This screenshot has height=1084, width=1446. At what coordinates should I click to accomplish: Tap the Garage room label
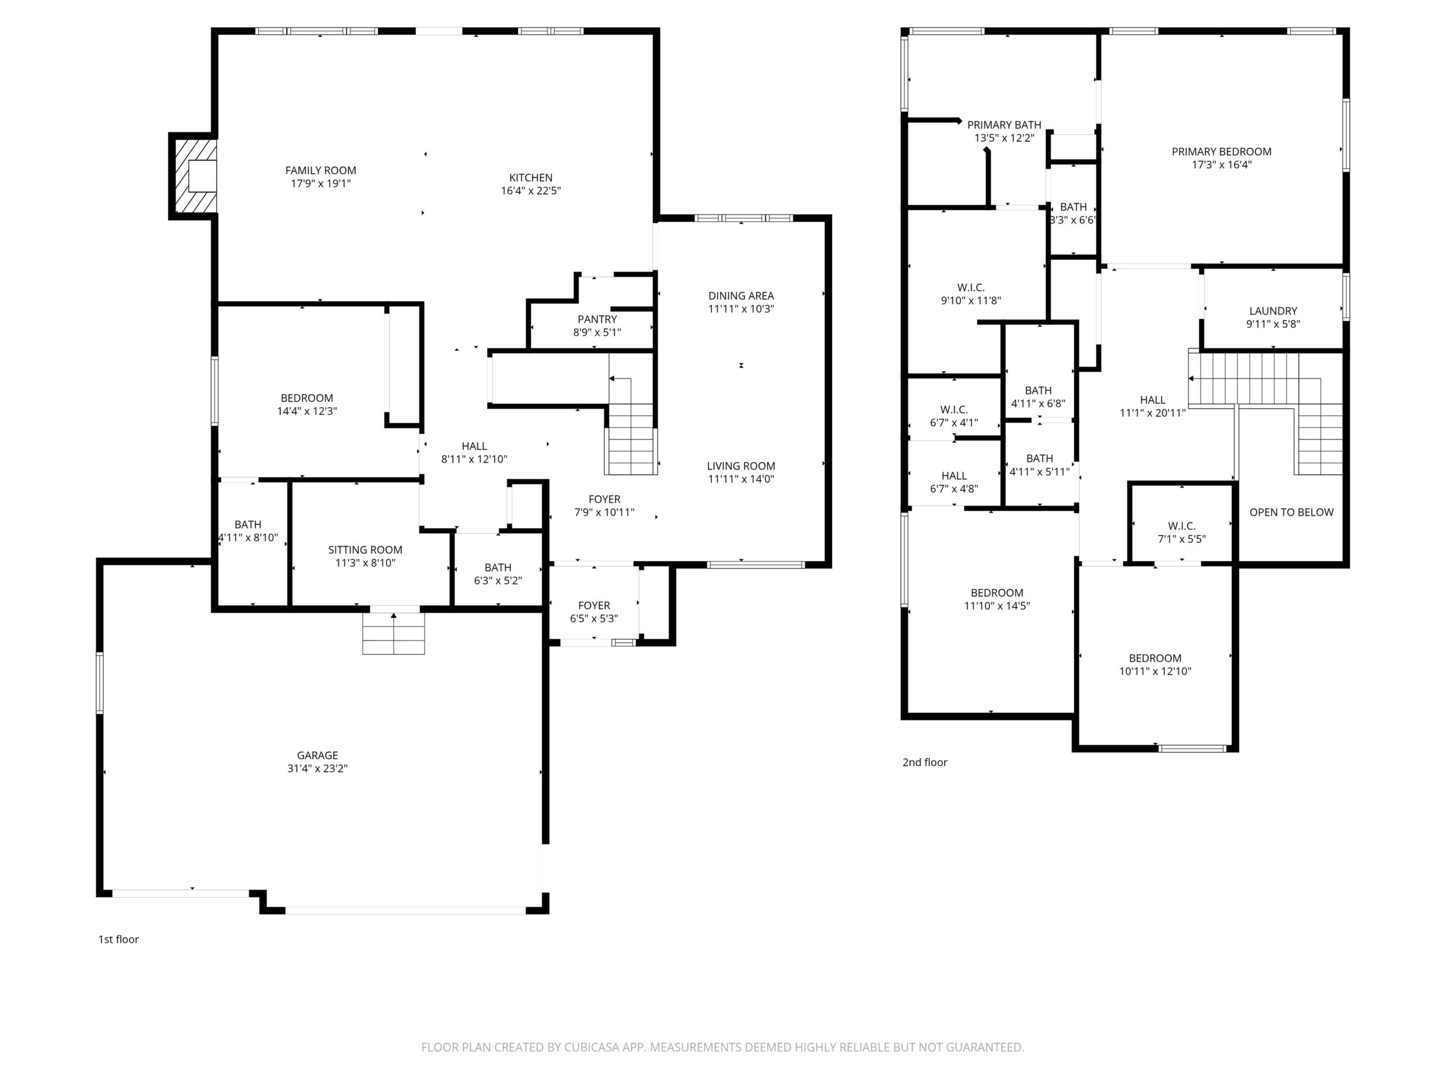click(317, 755)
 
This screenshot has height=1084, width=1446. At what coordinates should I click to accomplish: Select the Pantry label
click(597, 319)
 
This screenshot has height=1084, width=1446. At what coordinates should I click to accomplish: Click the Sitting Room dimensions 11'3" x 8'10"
click(366, 563)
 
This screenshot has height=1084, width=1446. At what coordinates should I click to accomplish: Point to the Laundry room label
click(1273, 311)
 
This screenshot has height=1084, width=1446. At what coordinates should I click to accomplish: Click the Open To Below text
click(1291, 512)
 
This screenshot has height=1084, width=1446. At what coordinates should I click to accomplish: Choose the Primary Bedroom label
click(1221, 152)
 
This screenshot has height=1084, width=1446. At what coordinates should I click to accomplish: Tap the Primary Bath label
click(1004, 125)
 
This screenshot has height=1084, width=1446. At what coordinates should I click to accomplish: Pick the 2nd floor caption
click(925, 762)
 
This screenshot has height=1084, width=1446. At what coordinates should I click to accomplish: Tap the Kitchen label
click(531, 178)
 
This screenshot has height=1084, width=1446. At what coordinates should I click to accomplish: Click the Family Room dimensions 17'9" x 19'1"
click(320, 184)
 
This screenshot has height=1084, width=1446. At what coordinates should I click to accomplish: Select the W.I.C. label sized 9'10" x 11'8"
click(971, 287)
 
